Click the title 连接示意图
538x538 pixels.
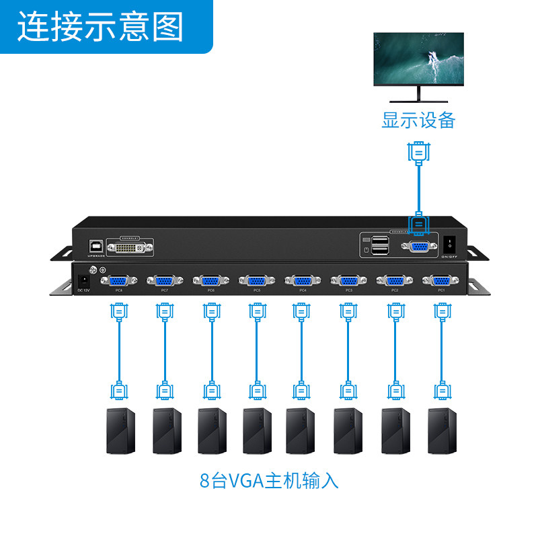click(x=101, y=27)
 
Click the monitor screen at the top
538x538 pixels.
click(x=419, y=59)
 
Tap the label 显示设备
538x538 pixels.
click(x=419, y=120)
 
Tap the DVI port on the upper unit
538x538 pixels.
click(x=135, y=247)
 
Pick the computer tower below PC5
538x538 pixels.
click(x=257, y=430)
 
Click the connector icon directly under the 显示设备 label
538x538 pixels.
click(x=418, y=151)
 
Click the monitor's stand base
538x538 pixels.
click(x=418, y=100)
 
